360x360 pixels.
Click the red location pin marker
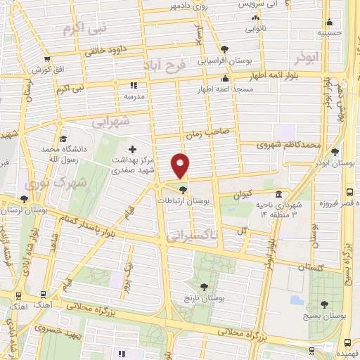pyautogui.click(x=181, y=165)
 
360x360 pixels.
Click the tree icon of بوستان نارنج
pyautogui.click(x=205, y=286)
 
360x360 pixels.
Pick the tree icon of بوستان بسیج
pyautogui.click(x=324, y=304)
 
